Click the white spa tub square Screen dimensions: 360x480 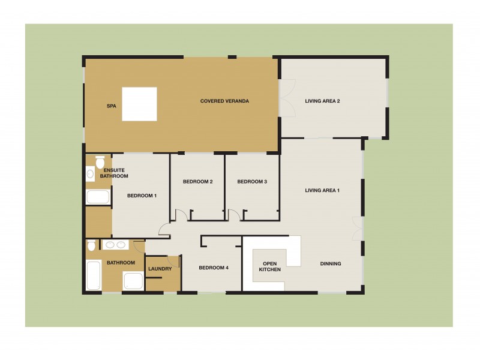(x=139, y=104)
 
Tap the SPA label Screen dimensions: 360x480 (x=111, y=106)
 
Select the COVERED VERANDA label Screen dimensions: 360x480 (x=224, y=101)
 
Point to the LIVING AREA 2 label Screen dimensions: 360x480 (x=322, y=101)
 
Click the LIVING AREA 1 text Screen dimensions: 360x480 (x=322, y=191)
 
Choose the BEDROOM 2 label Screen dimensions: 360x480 (x=198, y=182)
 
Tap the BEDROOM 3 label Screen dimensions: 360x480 (x=252, y=182)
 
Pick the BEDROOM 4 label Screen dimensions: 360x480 (x=214, y=268)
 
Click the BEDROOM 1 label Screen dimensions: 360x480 (x=142, y=196)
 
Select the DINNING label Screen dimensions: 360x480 (x=331, y=263)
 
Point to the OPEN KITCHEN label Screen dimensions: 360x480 (x=269, y=266)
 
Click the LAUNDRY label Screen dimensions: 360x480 (x=160, y=269)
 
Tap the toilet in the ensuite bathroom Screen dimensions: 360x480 (x=100, y=162)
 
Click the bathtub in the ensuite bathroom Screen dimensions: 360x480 (x=97, y=197)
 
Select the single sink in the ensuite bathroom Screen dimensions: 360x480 (x=90, y=175)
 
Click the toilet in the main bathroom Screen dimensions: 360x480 (x=91, y=245)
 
